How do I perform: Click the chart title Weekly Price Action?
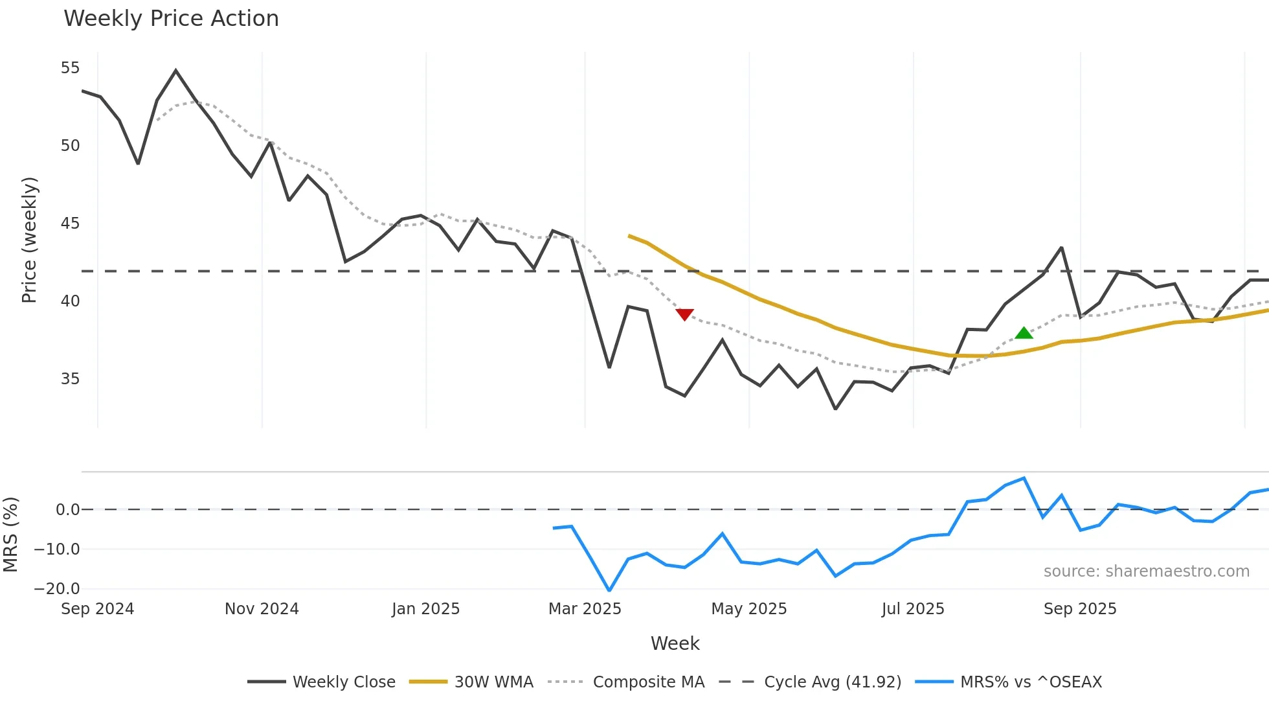(171, 19)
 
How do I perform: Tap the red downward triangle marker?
(684, 314)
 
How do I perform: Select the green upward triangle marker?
(1024, 333)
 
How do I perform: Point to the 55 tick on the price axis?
(70, 68)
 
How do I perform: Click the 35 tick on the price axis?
(70, 378)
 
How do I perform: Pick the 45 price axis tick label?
(70, 224)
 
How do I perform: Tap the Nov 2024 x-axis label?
(262, 609)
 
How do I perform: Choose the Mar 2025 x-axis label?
(585, 609)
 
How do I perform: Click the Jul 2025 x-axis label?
(913, 609)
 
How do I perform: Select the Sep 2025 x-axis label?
(1080, 609)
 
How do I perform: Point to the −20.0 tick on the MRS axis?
(57, 589)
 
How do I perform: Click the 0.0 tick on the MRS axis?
(67, 510)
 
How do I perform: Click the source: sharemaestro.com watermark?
(1146, 571)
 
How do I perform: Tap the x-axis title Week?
(675, 643)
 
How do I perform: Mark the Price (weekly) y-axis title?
(29, 240)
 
